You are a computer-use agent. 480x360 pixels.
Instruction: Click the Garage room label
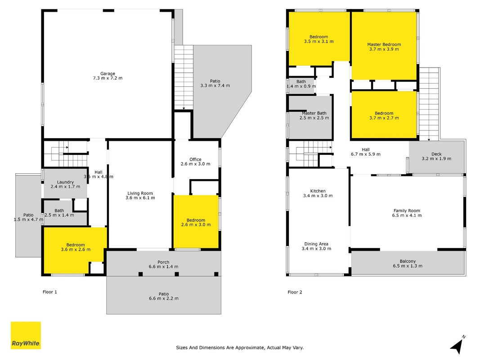click(108, 76)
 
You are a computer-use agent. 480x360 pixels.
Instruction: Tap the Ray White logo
click(26, 335)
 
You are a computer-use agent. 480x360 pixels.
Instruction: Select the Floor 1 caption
click(49, 292)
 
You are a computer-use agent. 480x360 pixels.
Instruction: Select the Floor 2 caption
click(295, 292)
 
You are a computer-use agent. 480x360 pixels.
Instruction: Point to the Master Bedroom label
click(384, 47)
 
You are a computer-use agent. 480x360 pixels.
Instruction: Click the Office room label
click(195, 162)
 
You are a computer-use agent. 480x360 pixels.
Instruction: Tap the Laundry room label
click(65, 184)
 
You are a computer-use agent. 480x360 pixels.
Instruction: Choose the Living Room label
click(140, 196)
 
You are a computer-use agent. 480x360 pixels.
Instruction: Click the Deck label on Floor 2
click(436, 157)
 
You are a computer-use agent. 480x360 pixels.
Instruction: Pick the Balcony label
click(408, 264)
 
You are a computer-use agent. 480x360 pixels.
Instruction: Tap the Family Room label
click(407, 213)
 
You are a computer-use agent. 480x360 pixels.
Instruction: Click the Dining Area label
click(316, 247)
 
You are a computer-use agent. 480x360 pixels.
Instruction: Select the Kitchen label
click(318, 193)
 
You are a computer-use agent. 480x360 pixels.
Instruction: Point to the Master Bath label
click(314, 115)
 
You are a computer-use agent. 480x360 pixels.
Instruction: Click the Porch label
click(163, 265)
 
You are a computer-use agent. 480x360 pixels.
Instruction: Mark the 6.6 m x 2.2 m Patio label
click(164, 297)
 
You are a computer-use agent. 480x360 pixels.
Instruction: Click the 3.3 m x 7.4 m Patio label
click(215, 83)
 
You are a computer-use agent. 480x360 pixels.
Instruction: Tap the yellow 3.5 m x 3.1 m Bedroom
click(319, 39)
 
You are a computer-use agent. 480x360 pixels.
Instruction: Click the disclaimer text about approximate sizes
click(240, 348)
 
